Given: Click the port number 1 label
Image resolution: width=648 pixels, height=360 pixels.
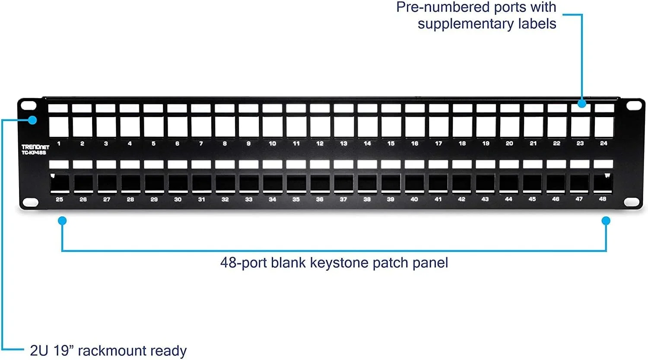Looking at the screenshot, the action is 59,143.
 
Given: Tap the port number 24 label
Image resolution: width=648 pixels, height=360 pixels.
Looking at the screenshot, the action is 604,143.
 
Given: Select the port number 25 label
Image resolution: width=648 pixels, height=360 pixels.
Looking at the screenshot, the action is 59,199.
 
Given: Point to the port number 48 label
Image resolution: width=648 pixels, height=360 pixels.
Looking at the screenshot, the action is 602,199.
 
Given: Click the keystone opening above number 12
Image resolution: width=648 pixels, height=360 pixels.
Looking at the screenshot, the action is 320,127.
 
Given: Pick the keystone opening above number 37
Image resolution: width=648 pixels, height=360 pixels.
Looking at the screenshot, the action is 344,183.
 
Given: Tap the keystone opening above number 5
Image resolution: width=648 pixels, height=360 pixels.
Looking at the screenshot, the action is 154,127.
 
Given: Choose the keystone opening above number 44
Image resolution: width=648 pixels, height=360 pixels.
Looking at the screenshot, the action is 509,183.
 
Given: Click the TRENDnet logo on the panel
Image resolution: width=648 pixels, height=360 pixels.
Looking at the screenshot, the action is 35,147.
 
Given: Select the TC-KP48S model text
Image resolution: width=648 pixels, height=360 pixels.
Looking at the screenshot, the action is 34,153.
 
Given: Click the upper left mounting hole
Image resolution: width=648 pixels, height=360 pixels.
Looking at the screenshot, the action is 29,105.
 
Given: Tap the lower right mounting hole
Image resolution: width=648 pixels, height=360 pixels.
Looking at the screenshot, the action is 631,202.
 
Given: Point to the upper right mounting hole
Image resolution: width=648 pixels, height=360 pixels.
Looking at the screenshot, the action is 634,105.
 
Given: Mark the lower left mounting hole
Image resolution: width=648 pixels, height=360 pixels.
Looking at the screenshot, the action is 30,202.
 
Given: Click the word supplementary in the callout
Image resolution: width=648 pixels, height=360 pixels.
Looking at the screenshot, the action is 465,24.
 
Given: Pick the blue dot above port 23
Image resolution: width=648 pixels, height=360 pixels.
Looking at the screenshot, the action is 582,103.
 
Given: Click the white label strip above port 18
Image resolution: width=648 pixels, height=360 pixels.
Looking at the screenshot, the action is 462,108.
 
